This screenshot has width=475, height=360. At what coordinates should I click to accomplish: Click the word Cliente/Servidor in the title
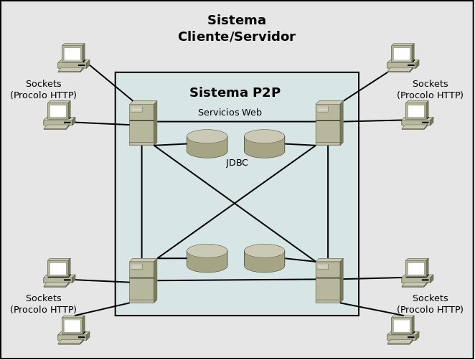[x=236, y=37]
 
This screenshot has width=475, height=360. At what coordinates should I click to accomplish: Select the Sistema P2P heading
[x=235, y=93]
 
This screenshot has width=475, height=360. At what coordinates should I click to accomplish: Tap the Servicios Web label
[x=230, y=113]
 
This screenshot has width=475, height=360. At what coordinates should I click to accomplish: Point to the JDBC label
[x=237, y=163]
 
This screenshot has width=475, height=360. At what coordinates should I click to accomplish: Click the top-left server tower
[x=142, y=123]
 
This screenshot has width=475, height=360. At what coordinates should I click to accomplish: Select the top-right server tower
[x=329, y=123]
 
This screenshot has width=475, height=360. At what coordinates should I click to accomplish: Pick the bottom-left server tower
[x=142, y=280]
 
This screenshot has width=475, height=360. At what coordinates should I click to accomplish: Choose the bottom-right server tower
[x=329, y=280]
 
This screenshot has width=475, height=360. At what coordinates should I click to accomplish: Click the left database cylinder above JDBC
[x=207, y=143]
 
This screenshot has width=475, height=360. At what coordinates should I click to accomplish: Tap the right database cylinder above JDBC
[x=264, y=143]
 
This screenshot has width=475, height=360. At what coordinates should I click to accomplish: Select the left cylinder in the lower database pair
[x=207, y=258]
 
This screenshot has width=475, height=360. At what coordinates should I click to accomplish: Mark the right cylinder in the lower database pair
[x=264, y=258]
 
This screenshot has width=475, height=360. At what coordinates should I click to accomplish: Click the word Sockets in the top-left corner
[x=43, y=84]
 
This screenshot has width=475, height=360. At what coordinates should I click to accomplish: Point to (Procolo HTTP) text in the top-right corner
[x=430, y=95]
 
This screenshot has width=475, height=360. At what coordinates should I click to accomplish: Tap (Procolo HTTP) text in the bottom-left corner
[x=43, y=309]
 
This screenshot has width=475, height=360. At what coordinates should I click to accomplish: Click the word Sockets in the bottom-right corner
[x=430, y=298]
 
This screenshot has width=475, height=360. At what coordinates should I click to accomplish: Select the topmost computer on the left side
[x=72, y=57]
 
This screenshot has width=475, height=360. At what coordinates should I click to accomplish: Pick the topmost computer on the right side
[x=403, y=57]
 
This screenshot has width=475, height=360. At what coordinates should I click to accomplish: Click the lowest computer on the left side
[x=72, y=329]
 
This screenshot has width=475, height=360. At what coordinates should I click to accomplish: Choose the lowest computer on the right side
[x=403, y=329]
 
